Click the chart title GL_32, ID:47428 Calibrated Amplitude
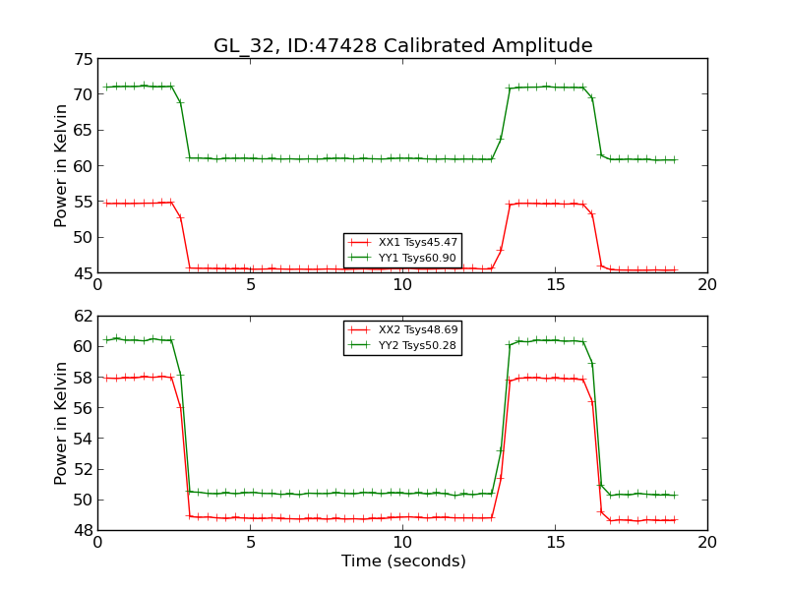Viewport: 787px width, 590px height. click(402, 46)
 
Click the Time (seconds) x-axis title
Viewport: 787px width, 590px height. click(402, 561)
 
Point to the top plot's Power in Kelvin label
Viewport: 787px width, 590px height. click(62, 165)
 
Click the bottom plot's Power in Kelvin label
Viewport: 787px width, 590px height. click(62, 423)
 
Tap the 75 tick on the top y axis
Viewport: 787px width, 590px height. click(81, 59)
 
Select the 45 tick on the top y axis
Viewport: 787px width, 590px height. click(81, 272)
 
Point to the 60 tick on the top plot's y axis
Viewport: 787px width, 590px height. click(81, 165)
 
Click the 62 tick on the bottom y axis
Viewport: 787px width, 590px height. click(81, 317)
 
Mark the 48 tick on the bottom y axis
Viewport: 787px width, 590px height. click(81, 530)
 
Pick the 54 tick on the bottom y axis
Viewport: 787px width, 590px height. click(81, 439)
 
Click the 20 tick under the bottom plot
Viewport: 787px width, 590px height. click(706, 542)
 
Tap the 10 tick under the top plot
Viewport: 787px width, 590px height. click(402, 284)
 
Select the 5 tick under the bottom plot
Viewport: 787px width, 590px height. click(250, 542)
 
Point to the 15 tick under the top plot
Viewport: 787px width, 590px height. click(555, 284)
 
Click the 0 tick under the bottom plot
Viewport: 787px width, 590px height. click(97, 542)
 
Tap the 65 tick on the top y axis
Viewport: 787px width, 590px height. click(81, 130)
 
